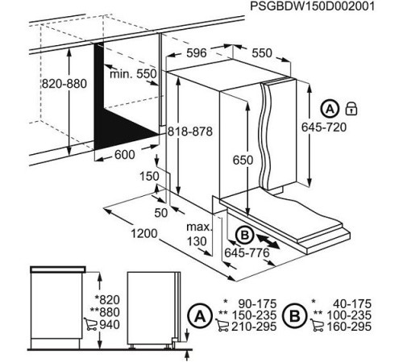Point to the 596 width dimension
(197, 53)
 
